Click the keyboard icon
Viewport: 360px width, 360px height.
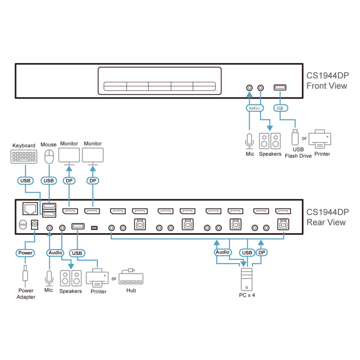coord(24,157)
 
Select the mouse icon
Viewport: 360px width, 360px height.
coord(49,157)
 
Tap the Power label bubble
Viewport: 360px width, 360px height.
coord(25,253)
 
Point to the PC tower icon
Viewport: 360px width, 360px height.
coord(247,279)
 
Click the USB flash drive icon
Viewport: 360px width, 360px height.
coord(295,137)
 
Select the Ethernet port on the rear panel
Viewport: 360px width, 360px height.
coord(30,208)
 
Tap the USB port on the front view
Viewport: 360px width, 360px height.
coord(280,87)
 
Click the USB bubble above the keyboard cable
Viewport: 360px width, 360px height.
coord(25,181)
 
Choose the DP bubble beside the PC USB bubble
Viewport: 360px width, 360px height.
coord(261,253)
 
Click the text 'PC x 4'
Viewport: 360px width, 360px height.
coord(247,295)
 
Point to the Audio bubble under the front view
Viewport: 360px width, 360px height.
coord(255,108)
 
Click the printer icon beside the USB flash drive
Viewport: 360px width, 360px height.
coord(320,139)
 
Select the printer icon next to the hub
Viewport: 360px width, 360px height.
coord(97,278)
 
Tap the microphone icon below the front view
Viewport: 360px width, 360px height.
coord(249,141)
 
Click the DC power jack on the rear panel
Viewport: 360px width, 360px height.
coord(35,225)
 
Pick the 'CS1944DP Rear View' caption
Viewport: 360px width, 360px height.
coord(328,217)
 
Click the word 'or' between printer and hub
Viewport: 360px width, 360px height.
coord(114,279)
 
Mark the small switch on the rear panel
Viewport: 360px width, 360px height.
coord(94,228)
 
